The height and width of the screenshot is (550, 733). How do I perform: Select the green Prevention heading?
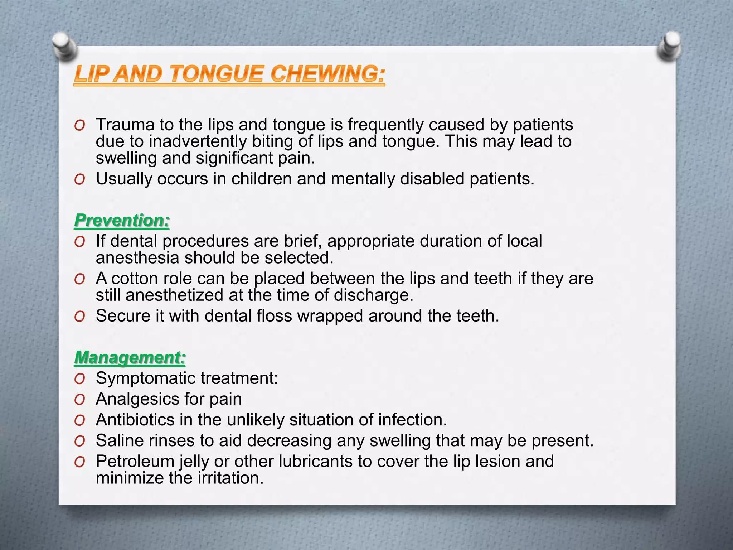point(122,220)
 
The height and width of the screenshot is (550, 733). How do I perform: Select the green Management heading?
point(130,357)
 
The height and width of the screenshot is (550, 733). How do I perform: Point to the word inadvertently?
point(198,141)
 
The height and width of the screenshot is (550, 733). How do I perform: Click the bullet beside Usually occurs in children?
point(79,179)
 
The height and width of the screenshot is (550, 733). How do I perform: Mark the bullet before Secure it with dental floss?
point(79,317)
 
